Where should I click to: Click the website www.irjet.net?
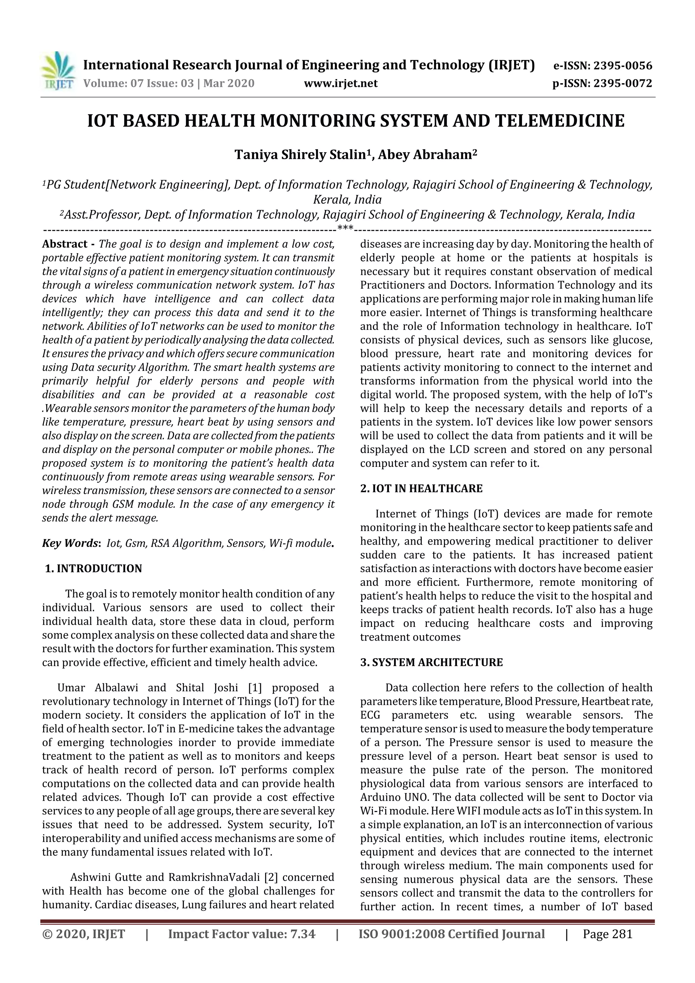tap(340, 83)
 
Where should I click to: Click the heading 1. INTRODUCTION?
tap(94, 569)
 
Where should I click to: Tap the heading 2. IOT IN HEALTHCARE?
tap(421, 489)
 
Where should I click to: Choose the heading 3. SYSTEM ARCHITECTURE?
tap(431, 663)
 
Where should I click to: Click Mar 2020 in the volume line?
tap(229, 83)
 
